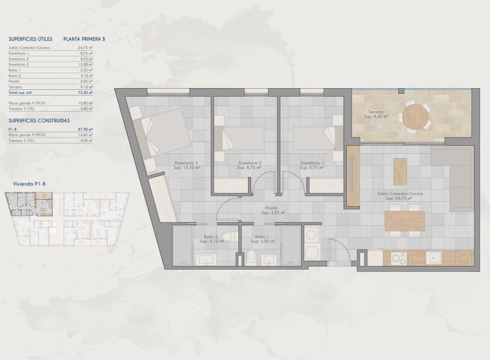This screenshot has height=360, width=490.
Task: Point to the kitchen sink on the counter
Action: coord(434,258)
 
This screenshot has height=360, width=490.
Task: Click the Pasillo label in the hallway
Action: coord(272,209)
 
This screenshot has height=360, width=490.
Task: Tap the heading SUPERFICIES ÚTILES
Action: coord(31,39)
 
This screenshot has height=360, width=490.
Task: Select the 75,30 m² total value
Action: coord(85,92)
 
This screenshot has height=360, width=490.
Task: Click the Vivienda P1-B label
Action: coord(28,184)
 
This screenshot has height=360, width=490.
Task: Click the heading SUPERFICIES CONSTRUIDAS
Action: coord(39,121)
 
